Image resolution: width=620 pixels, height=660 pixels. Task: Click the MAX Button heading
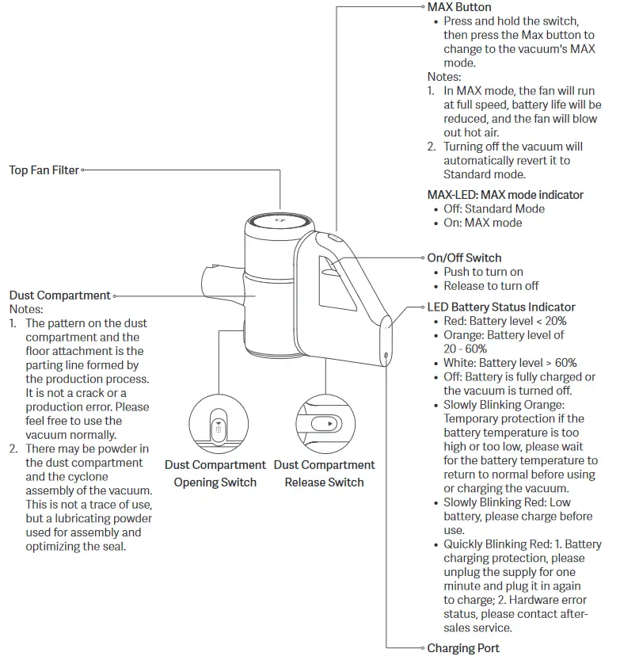click(459, 7)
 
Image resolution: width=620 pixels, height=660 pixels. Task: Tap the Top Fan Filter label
click(44, 170)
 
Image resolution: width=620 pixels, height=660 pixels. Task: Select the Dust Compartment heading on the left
click(60, 296)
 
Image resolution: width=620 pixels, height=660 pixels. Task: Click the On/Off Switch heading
click(464, 258)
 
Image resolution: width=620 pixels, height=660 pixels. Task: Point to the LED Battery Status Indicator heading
click(501, 307)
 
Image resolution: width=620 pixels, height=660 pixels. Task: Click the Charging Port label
click(463, 648)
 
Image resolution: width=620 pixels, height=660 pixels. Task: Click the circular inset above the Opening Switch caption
click(215, 424)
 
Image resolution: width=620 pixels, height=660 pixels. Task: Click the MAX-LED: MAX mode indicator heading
click(505, 195)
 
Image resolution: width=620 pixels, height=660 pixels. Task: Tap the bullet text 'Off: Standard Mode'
click(494, 209)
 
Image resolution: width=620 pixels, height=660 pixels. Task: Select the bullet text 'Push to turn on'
click(483, 272)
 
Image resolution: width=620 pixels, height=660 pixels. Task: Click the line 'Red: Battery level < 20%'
click(505, 322)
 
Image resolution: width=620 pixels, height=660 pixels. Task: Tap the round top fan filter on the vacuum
click(276, 223)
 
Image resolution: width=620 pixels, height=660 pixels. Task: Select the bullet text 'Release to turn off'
click(491, 286)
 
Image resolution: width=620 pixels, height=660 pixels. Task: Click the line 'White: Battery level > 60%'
click(510, 363)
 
